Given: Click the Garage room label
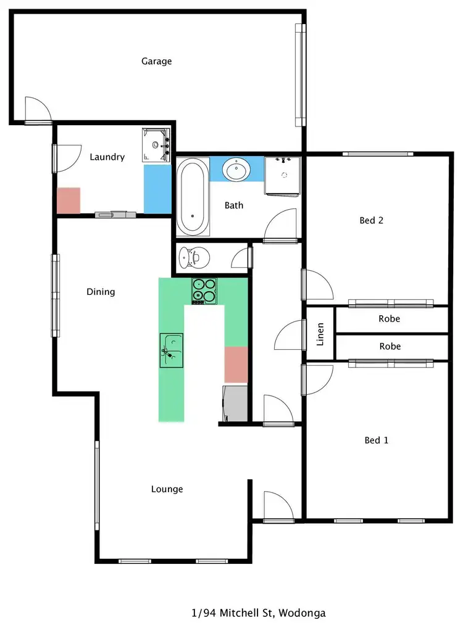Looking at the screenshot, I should pyautogui.click(x=156, y=61).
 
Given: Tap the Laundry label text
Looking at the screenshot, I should pyautogui.click(x=107, y=157).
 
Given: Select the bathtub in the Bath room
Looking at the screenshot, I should pyautogui.click(x=193, y=197).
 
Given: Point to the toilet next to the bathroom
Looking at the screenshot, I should pyautogui.click(x=192, y=257).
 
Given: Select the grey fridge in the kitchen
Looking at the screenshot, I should pyautogui.click(x=235, y=402).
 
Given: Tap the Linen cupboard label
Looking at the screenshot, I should pyautogui.click(x=320, y=334).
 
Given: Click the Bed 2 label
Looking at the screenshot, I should pyautogui.click(x=372, y=220).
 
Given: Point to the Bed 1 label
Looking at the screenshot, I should pyautogui.click(x=377, y=440).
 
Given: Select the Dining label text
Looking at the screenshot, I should pyautogui.click(x=101, y=291).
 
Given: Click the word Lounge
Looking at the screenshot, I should pyautogui.click(x=167, y=489).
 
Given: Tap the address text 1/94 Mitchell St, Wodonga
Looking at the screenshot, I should pyautogui.click(x=258, y=613).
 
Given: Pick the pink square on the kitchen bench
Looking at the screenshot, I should pyautogui.click(x=235, y=365).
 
